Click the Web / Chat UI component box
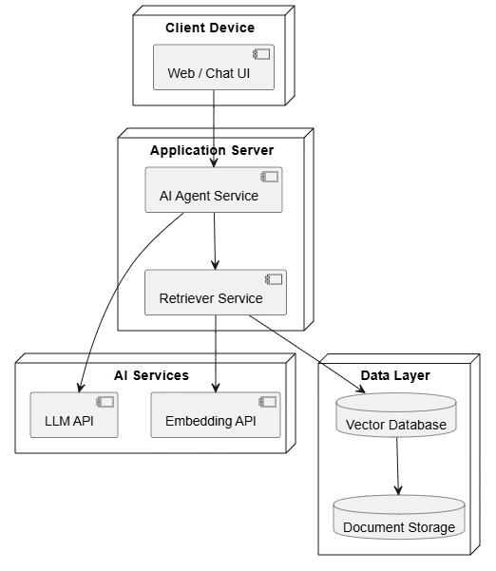coord(214,67)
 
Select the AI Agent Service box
coord(214,190)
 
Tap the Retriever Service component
coord(216,292)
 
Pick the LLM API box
coord(74,415)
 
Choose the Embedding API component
coord(216,415)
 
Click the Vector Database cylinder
coord(396,415)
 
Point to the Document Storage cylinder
coord(399,517)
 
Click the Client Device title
coord(210,28)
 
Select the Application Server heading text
coord(212,150)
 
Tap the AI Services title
coord(151,375)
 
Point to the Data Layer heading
coord(395,375)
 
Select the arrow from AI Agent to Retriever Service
coord(215,241)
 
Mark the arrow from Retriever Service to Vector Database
coord(307,354)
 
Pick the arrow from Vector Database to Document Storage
coord(398,466)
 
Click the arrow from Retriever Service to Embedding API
coord(216,353)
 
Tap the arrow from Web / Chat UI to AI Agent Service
coord(214,128)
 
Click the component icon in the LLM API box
coord(105,402)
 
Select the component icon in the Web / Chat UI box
coord(261,54)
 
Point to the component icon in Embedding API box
coord(267,402)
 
